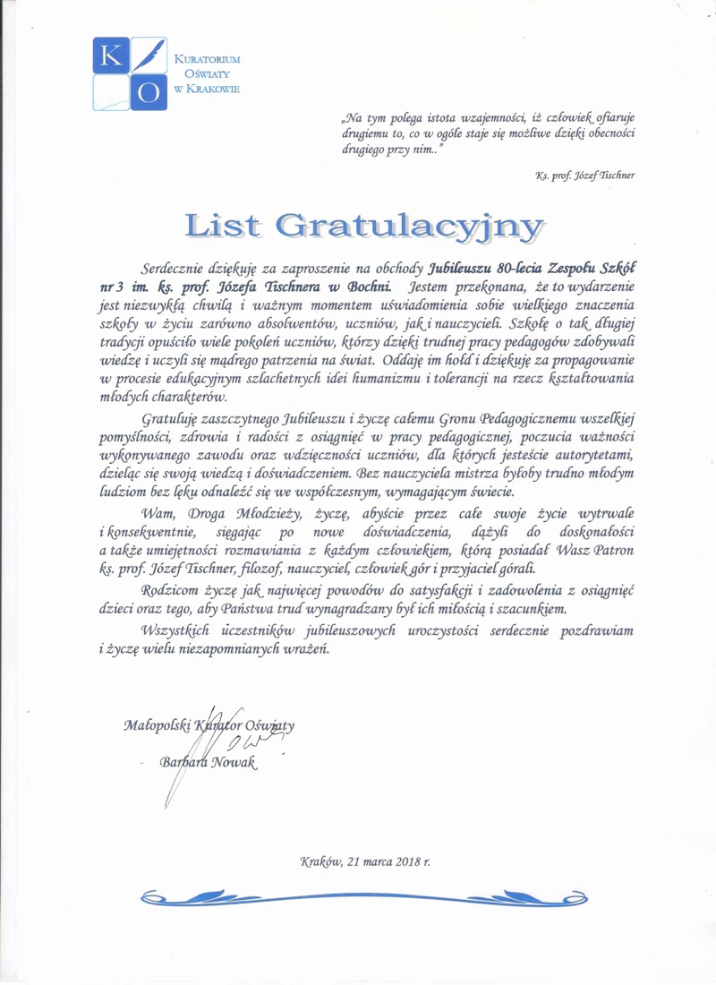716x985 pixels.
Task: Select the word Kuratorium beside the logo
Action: tap(208, 58)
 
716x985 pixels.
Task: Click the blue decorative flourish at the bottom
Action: tap(357, 896)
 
